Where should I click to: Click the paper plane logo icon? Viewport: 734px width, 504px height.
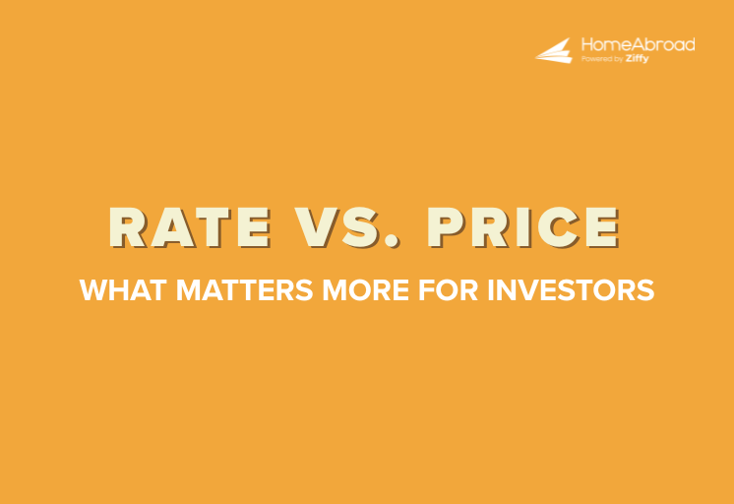[554, 51]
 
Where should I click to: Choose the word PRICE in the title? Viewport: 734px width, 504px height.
[522, 228]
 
